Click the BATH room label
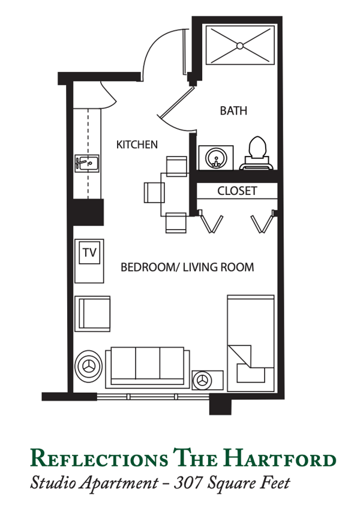233,111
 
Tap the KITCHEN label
137,144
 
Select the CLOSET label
237,191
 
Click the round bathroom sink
215,158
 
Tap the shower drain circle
240,46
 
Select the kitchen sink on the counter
87,163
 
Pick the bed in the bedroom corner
251,343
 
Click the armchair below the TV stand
92,314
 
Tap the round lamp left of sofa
88,366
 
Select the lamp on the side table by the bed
202,380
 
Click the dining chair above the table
176,167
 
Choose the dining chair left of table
154,192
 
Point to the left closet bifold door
210,221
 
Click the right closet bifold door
263,221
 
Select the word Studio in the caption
53,483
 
